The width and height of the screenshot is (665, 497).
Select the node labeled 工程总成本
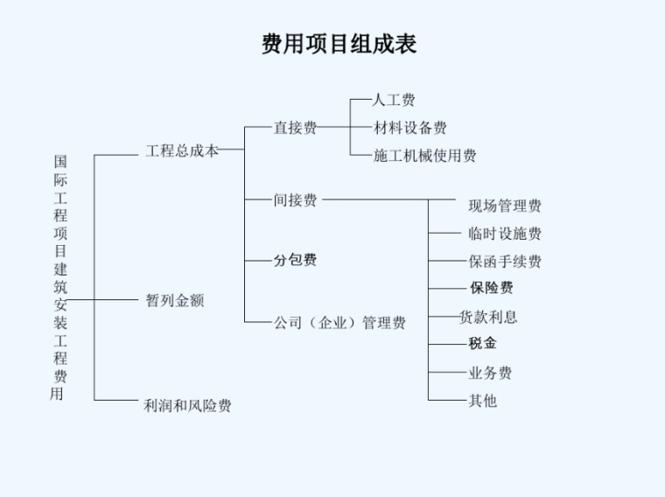coord(181,150)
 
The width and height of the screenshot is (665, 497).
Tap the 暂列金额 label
coord(175,300)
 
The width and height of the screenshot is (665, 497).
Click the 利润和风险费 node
coord(187,405)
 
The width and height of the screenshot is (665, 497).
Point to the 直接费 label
coord(295,128)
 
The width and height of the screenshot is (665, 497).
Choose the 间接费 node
coord(295,200)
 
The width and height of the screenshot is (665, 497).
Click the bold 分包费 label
coord(295,260)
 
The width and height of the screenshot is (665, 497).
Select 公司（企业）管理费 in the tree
coord(339,323)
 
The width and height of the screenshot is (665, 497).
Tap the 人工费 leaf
coord(394,100)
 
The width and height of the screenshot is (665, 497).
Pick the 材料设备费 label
coord(410,128)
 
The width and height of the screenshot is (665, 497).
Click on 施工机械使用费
coord(424,156)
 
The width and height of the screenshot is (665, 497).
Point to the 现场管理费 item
coord(505,206)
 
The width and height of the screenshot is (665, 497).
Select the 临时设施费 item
coord(505,234)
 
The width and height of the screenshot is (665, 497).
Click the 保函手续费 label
coord(505,261)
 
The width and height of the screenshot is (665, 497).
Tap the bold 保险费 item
coord(491,288)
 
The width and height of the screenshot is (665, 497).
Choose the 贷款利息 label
coord(489,317)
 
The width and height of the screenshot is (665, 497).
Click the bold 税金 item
coord(482,343)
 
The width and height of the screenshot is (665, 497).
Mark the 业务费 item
coord(490,373)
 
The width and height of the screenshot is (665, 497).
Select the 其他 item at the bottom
coord(482,401)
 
